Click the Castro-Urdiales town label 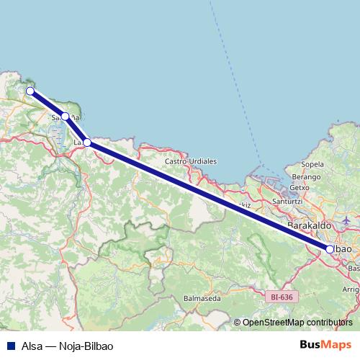coord(191,161)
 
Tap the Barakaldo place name coord(308,226)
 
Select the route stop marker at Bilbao coord(330,249)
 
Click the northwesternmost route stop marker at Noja coord(30,91)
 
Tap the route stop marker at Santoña coord(65,116)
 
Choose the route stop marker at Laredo coord(87,143)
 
